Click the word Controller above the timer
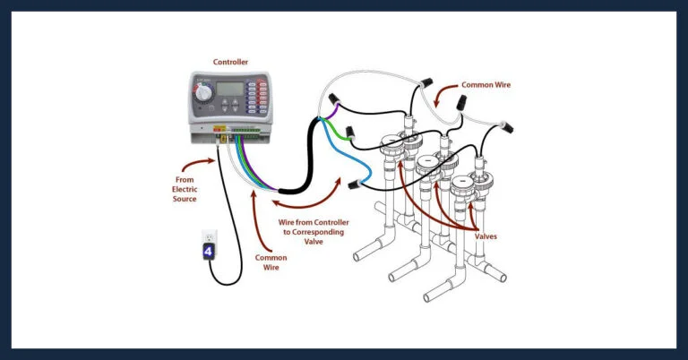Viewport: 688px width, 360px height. pos(230,62)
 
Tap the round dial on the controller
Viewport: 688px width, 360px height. pos(205,92)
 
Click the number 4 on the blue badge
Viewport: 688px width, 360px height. pos(209,252)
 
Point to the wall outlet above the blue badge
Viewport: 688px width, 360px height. pos(209,236)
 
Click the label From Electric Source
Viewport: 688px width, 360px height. pos(185,190)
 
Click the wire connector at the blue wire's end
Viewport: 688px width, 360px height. pos(355,184)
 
